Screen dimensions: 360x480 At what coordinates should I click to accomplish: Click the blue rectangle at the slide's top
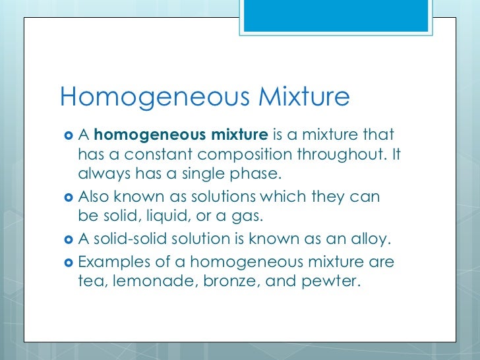[x=349, y=15]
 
